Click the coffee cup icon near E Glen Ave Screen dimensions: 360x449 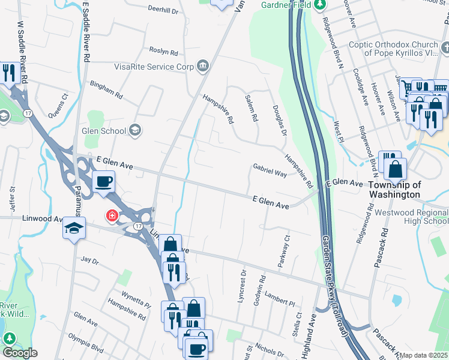[104, 181]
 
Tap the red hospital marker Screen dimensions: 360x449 [112, 215]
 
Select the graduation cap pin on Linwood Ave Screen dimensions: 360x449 [74, 228]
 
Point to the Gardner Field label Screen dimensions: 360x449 [285, 5]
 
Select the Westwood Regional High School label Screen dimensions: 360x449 [411, 217]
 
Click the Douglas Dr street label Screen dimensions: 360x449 [279, 119]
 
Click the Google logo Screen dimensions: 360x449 [20, 353]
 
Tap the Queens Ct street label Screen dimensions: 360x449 [58, 103]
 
